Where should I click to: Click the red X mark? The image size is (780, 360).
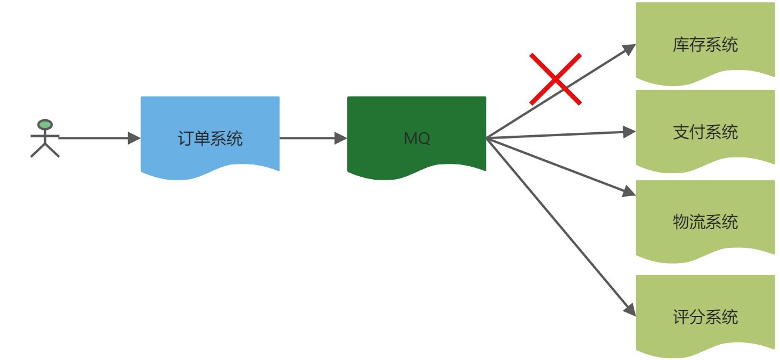pyautogui.click(x=555, y=79)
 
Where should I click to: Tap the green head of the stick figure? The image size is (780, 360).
pyautogui.click(x=45, y=125)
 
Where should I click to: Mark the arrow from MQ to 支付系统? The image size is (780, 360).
pyautogui.click(x=558, y=135)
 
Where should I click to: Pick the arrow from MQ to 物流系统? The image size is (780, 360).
pyautogui.click(x=558, y=167)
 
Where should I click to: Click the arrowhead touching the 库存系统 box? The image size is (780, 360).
pyautogui.click(x=629, y=49)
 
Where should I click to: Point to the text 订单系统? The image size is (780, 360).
pyautogui.click(x=210, y=139)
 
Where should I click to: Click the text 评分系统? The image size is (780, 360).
pyautogui.click(x=705, y=318)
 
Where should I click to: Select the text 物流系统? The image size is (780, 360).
pyautogui.click(x=705, y=222)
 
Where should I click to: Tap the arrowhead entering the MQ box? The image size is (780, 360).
pyautogui.click(x=341, y=139)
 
